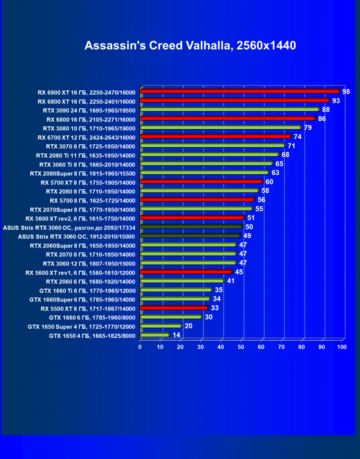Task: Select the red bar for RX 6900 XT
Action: pyautogui.click(x=240, y=91)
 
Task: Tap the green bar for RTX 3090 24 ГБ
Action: pyautogui.click(x=230, y=109)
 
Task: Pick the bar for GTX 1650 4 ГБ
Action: pyautogui.click(x=154, y=335)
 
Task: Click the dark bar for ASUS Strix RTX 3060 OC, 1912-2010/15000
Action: pyautogui.click(x=190, y=236)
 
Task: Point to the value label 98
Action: pyautogui.click(x=346, y=91)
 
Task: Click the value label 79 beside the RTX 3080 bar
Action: pyautogui.click(x=307, y=127)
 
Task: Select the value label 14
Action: pyautogui.click(x=176, y=335)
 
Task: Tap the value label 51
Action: pyautogui.click(x=251, y=218)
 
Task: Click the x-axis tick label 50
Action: pyautogui.click(x=241, y=347)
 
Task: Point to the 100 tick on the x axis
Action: pyautogui.click(x=341, y=347)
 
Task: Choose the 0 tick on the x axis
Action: pyautogui.click(x=140, y=347)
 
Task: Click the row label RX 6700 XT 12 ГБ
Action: pyautogui.click(x=86, y=137)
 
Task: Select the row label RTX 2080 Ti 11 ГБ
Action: pyautogui.click(x=86, y=155)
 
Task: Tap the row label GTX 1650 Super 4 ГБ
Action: pyautogui.click(x=81, y=327)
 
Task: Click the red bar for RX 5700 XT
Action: pyautogui.click(x=201, y=182)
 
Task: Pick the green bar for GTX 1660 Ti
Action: pyautogui.click(x=176, y=290)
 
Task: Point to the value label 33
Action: pyautogui.click(x=215, y=308)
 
